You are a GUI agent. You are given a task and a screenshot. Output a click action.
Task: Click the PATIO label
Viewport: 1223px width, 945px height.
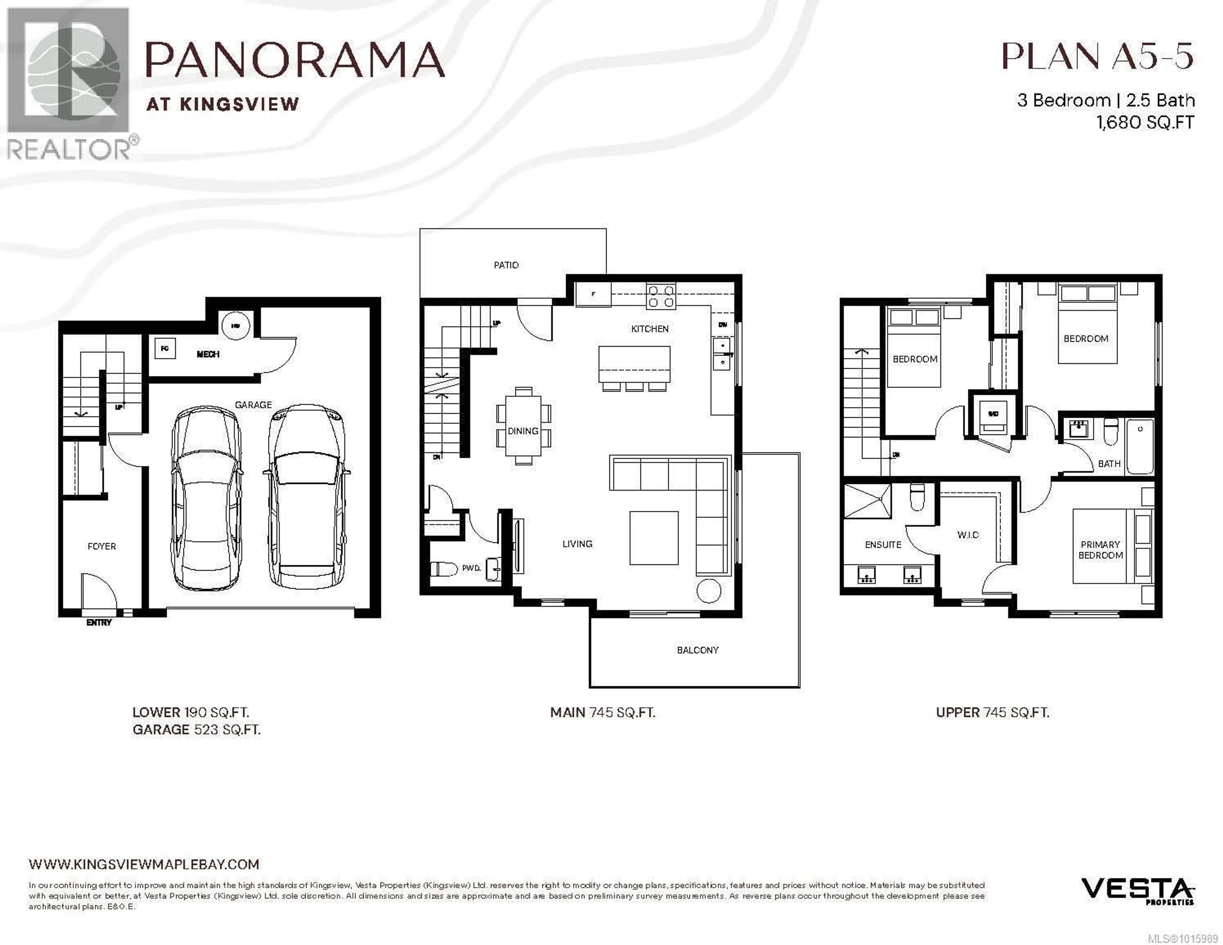tap(506, 265)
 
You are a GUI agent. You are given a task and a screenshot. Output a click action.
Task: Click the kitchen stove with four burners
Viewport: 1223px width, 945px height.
tap(661, 296)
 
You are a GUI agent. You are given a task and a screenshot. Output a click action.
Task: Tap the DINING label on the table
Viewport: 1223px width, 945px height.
tap(523, 431)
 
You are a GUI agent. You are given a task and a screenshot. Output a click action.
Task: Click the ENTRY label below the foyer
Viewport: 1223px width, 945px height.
tap(99, 622)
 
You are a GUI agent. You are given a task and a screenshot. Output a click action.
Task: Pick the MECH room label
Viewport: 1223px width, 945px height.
tap(208, 354)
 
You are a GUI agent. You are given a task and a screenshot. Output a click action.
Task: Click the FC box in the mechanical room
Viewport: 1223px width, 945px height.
tap(165, 348)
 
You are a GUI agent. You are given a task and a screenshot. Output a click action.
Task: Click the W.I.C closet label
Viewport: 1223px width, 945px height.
tap(968, 535)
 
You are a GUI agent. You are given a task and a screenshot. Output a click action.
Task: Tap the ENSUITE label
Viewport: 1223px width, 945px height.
tap(883, 544)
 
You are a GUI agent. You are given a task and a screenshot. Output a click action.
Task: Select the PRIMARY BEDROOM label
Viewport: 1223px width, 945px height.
tap(1100, 549)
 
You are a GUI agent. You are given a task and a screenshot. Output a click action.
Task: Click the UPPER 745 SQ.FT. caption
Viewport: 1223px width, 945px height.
tap(992, 712)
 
